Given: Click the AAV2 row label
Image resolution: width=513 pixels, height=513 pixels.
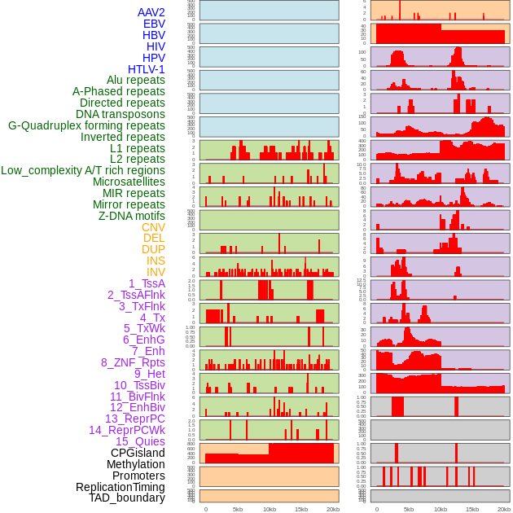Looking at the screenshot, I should coord(151,12).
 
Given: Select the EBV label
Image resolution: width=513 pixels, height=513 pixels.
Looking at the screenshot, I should coord(154,24).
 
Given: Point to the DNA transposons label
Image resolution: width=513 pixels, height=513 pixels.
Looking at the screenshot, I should coord(120,114).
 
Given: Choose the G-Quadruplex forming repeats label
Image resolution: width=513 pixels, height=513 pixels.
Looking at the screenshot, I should coord(86,125).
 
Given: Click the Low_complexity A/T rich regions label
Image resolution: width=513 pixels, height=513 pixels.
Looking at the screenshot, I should coord(82,170).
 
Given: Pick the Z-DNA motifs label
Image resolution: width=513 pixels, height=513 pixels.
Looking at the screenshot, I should coord(131,216).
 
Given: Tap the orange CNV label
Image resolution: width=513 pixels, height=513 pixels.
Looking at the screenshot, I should coord(153,227).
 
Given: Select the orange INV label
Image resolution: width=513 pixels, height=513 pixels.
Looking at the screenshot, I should coord(156,272).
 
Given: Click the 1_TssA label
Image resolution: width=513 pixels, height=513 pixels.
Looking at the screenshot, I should coord(147,283).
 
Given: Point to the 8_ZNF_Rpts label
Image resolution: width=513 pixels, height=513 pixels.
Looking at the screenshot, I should coord(133,362).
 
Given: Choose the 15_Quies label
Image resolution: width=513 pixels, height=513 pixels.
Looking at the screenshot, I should coord(139,441).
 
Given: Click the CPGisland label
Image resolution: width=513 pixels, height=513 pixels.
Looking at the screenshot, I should coord(138,453).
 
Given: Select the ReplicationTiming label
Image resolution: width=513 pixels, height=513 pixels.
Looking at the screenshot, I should coord(120,487).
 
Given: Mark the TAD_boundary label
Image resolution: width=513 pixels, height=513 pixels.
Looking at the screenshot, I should coord(126,498).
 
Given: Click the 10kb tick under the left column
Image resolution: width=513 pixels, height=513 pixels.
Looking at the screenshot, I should coord(269,509).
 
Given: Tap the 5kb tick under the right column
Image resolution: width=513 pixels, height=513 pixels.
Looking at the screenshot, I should coord(409,509).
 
